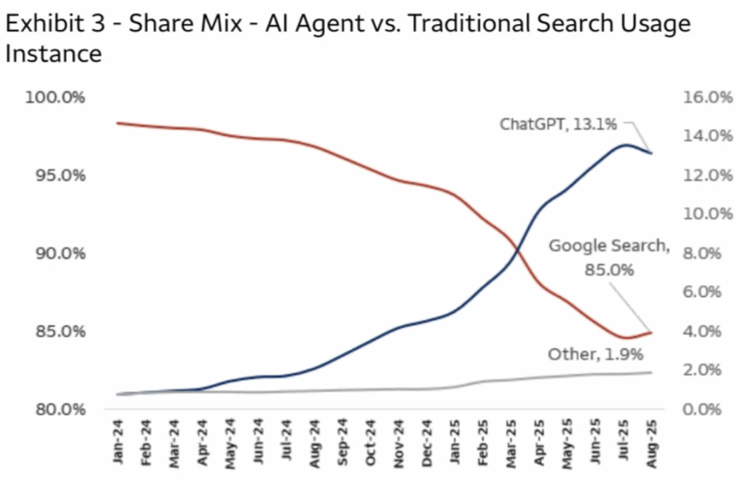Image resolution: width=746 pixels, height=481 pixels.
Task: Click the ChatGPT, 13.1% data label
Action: coord(558,124)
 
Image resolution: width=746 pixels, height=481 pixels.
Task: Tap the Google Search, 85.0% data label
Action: coord(608,257)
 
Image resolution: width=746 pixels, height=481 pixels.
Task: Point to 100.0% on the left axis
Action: coord(54,98)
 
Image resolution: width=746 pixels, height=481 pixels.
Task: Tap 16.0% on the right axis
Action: coord(706,98)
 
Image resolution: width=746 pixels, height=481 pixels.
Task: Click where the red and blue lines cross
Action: coord(518,252)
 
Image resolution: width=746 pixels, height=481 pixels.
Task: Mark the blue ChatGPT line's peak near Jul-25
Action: coord(625,145)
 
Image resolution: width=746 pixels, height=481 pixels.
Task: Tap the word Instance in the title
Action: coord(52,54)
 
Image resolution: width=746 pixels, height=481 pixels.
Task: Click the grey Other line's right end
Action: coord(651,373)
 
